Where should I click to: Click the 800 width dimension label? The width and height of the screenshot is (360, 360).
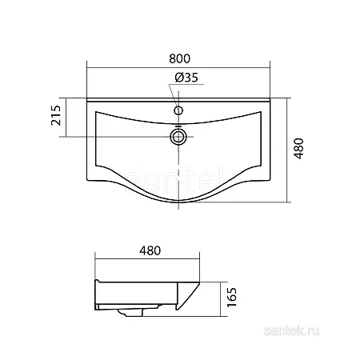point(179,58)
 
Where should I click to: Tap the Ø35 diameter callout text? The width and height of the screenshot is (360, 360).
point(186,78)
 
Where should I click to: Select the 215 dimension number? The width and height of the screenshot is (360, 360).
point(56,115)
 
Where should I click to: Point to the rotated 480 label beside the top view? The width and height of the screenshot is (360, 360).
point(298,149)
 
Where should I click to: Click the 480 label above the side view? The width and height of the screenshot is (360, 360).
point(150,250)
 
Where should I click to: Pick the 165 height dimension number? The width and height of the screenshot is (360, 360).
point(231,297)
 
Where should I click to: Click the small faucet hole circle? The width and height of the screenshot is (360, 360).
point(178,110)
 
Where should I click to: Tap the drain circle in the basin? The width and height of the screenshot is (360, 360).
point(178,137)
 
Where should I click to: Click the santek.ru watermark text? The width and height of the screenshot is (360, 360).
point(291,331)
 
